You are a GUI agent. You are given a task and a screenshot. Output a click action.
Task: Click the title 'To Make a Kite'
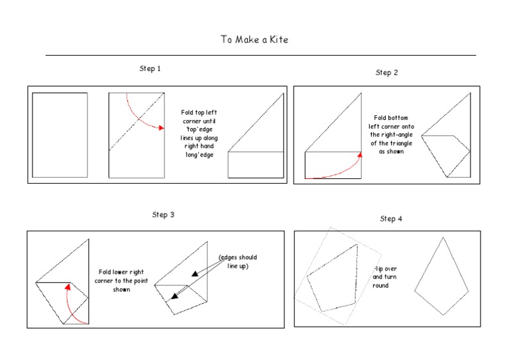point(254,40)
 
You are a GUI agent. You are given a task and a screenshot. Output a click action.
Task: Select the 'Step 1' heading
point(150,69)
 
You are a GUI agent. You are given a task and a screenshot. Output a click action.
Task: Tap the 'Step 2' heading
point(386,73)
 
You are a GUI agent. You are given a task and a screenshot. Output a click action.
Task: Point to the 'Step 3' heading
point(162,215)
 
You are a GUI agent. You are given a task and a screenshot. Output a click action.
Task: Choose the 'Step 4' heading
point(391,219)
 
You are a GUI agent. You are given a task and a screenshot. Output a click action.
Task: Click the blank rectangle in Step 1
point(60,135)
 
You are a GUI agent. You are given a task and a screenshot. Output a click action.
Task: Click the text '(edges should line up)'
point(237,261)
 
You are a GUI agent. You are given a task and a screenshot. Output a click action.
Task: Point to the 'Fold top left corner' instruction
point(199,133)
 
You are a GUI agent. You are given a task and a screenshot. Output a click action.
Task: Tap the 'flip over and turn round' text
point(380,277)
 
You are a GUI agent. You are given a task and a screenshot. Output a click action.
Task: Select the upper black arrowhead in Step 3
point(194,272)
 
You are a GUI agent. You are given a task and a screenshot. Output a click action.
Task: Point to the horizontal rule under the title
point(260,55)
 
